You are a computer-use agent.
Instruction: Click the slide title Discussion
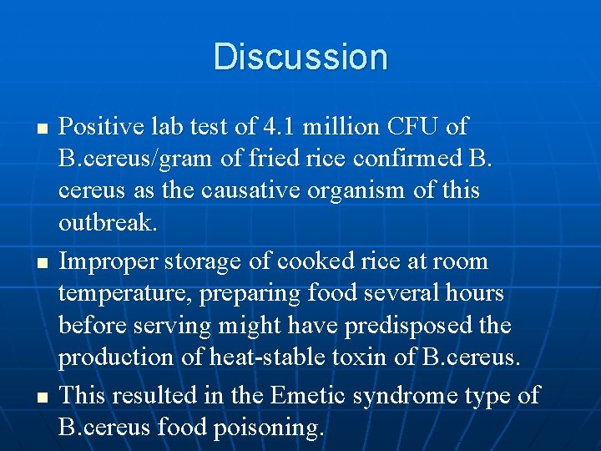300,57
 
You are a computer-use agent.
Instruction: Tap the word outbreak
107,223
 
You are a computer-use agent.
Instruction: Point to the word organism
364,191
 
